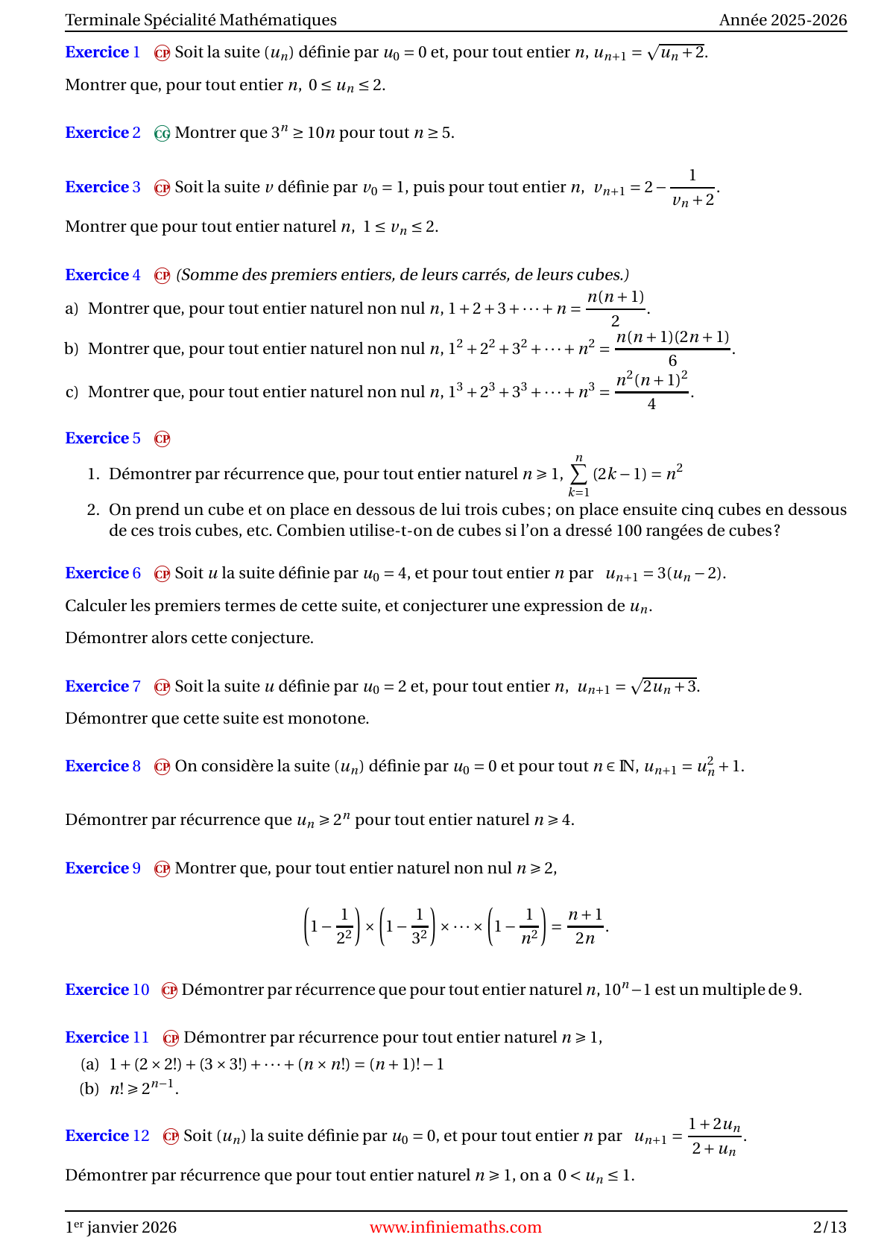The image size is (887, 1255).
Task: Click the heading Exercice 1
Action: [102, 52]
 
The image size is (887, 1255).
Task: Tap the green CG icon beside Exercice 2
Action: [162, 133]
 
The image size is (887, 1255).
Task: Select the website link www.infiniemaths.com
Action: [455, 1227]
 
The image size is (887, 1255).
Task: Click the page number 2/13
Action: [829, 1227]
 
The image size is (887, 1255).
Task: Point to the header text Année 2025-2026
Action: [783, 20]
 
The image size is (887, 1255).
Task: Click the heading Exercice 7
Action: [102, 686]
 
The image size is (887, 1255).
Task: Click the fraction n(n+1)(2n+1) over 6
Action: [672, 348]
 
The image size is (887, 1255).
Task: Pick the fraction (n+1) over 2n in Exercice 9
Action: [585, 926]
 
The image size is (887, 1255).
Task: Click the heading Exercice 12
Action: [107, 1136]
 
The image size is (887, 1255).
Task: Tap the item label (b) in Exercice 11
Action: [89, 1089]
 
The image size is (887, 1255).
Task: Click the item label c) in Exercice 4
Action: [72, 392]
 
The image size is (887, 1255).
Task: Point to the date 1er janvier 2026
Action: [121, 1227]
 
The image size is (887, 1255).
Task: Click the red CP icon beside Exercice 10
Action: [170, 990]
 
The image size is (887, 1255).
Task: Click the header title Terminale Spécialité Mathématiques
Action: [201, 20]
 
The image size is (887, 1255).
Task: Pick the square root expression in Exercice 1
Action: [677, 52]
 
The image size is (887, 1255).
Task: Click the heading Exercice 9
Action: [102, 868]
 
